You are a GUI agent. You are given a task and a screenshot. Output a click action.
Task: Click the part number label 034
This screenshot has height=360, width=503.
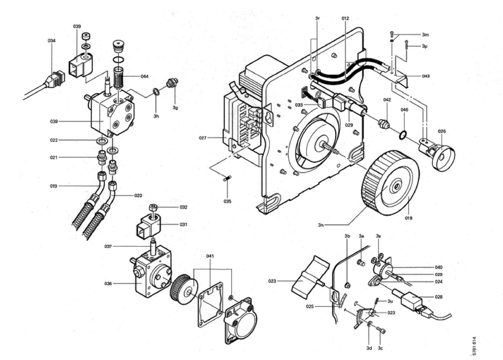[52, 41]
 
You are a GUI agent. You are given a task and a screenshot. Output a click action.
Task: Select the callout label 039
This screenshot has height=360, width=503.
[77, 26]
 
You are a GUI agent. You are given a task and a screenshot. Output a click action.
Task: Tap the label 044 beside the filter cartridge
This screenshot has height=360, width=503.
[144, 76]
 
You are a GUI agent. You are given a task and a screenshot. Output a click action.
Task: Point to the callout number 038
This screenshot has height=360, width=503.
[54, 122]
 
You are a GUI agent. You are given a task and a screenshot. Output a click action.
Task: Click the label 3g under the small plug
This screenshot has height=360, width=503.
[175, 107]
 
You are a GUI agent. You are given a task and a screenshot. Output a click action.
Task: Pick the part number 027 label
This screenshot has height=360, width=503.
[203, 138]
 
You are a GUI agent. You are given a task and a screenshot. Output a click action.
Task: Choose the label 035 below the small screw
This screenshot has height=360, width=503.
[228, 201]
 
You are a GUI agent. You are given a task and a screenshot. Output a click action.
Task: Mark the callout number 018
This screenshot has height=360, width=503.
[408, 218]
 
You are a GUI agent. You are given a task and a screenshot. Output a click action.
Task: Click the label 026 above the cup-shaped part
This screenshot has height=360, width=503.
[442, 131]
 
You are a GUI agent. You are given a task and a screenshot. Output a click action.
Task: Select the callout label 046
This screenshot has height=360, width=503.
[404, 110]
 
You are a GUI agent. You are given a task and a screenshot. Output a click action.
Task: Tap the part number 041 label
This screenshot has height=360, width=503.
[210, 256]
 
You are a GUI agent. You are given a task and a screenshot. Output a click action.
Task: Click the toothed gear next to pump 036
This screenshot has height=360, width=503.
[184, 288]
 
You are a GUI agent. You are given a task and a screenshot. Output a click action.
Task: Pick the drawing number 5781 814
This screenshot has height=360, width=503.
[474, 346]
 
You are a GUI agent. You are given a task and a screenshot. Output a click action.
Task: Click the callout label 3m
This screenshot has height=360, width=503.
[425, 35]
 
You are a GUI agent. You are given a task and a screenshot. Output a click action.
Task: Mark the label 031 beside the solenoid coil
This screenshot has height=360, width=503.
[183, 225]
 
